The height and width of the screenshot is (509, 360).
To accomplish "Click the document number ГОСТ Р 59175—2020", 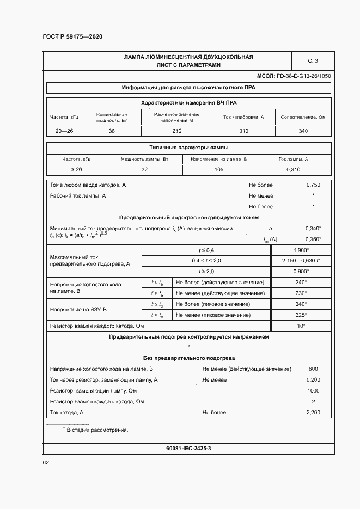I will [72, 36].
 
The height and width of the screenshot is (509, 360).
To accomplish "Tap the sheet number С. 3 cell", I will [313, 60].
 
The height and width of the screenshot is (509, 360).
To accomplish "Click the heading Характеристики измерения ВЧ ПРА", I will [188, 102].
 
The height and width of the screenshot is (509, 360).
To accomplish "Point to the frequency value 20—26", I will [64, 131].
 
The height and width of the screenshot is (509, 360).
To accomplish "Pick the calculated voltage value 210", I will [176, 131].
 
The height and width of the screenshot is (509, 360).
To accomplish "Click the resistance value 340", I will [303, 131].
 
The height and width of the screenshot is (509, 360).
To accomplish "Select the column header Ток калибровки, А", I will [243, 117].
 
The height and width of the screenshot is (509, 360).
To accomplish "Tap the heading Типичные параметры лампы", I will [188, 147].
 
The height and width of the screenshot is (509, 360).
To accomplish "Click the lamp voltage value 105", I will [219, 170].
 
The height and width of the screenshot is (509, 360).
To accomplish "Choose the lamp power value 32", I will [144, 170].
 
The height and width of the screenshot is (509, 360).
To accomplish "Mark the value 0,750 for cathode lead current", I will [313, 185].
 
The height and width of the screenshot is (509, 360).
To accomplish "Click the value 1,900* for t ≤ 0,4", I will [301, 249].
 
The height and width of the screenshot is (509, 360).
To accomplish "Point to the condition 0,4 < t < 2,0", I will [206, 261].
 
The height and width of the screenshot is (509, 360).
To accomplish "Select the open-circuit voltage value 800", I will [313, 369].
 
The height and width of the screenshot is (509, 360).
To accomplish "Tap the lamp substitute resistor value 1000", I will [313, 391].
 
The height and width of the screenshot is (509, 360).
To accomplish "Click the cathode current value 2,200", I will [313, 413].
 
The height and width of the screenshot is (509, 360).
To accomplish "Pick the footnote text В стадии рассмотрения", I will [97, 430].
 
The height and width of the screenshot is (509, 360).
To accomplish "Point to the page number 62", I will [46, 463].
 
